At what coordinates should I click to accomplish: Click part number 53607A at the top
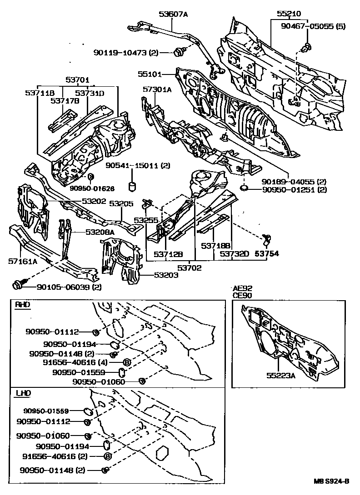point(173,14)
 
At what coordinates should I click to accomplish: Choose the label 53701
point(77,79)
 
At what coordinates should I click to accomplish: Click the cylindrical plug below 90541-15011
point(133,186)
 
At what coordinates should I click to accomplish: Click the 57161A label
point(22,262)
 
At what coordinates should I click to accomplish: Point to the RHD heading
point(22,305)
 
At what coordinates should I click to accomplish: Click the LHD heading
point(22,392)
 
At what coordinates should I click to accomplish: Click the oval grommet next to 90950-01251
point(244,188)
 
